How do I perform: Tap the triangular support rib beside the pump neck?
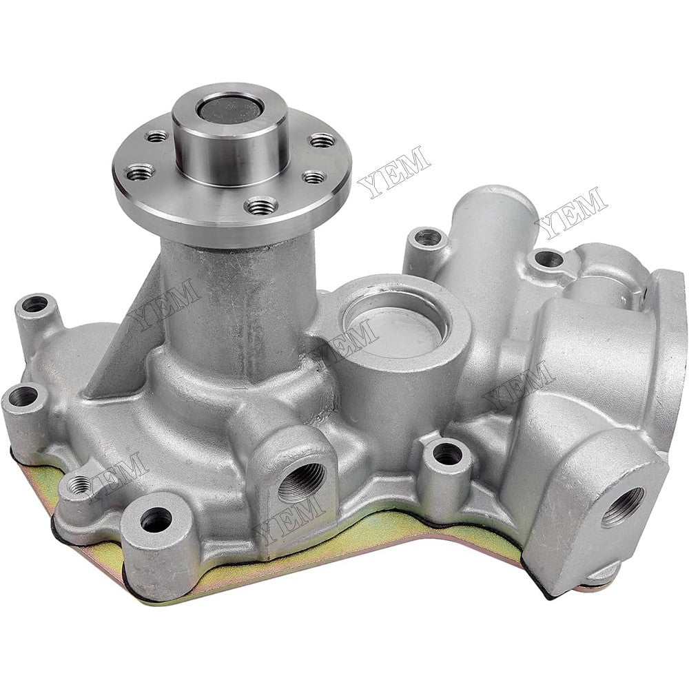[x=127, y=324]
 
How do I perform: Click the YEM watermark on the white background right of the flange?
[x=394, y=170]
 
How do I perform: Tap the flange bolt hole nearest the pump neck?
[x=263, y=205]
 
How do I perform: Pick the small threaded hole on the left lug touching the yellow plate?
[x=81, y=482]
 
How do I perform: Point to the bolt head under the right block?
[x=606, y=573]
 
